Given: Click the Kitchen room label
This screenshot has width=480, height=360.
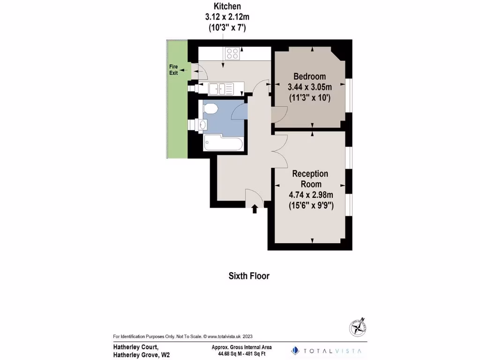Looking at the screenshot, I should pyautogui.click(x=227, y=7).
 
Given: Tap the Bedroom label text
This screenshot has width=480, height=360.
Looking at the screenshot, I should pyautogui.click(x=309, y=77).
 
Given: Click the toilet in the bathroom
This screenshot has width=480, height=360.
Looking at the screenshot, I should pyautogui.click(x=211, y=108).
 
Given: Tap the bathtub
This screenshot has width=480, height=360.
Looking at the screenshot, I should pyautogui.click(x=223, y=143).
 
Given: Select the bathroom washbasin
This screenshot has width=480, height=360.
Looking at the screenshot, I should pyautogui.click(x=202, y=125).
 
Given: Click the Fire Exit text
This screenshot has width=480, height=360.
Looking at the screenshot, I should pyautogui.click(x=174, y=70).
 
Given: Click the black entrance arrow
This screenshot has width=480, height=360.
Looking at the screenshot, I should pyautogui.click(x=255, y=209).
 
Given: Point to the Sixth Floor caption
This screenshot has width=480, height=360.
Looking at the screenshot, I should pyautogui.click(x=249, y=276).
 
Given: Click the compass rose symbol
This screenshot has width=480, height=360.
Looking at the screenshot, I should pyautogui.click(x=358, y=326).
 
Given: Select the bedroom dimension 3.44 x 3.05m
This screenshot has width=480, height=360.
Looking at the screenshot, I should pyautogui.click(x=309, y=87).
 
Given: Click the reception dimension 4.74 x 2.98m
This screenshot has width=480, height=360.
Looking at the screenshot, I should pyautogui.click(x=310, y=195).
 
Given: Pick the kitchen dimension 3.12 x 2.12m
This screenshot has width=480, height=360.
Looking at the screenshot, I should pyautogui.click(x=227, y=17).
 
